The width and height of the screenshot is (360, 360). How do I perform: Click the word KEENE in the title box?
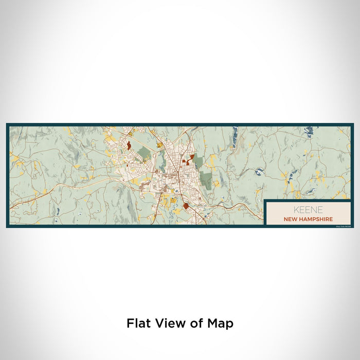pyautogui.click(x=309, y=210)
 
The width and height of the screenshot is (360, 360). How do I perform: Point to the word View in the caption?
pyautogui.click(x=170, y=323)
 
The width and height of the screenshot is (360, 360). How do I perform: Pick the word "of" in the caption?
pyautogui.click(x=196, y=323)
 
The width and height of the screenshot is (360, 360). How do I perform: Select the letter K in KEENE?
pyautogui.click(x=296, y=210)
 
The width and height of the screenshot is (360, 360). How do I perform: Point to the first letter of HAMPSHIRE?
pyautogui.click(x=301, y=219)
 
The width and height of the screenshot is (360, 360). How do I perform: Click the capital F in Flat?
pyautogui.click(x=130, y=323)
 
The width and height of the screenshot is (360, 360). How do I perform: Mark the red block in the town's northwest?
pyautogui.click(x=128, y=145)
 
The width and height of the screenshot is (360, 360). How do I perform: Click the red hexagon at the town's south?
pyautogui.click(x=186, y=206)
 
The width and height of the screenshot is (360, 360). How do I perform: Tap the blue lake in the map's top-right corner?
pyautogui.click(x=309, y=132)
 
